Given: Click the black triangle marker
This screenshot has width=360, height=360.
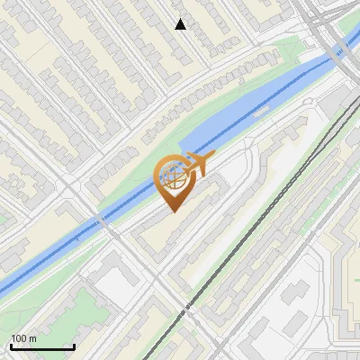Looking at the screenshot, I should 181,24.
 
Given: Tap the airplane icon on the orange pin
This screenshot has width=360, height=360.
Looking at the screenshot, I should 196,164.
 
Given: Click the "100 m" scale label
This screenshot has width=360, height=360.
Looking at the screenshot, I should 23,338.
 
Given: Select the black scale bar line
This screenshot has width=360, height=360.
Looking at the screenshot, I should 41,347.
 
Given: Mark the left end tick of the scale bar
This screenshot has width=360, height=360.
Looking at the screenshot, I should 10,346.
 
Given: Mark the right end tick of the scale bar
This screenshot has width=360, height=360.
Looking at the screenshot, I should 73,346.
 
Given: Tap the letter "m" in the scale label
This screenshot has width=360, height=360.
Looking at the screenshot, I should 32,338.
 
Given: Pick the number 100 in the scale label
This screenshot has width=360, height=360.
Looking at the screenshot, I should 18,338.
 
